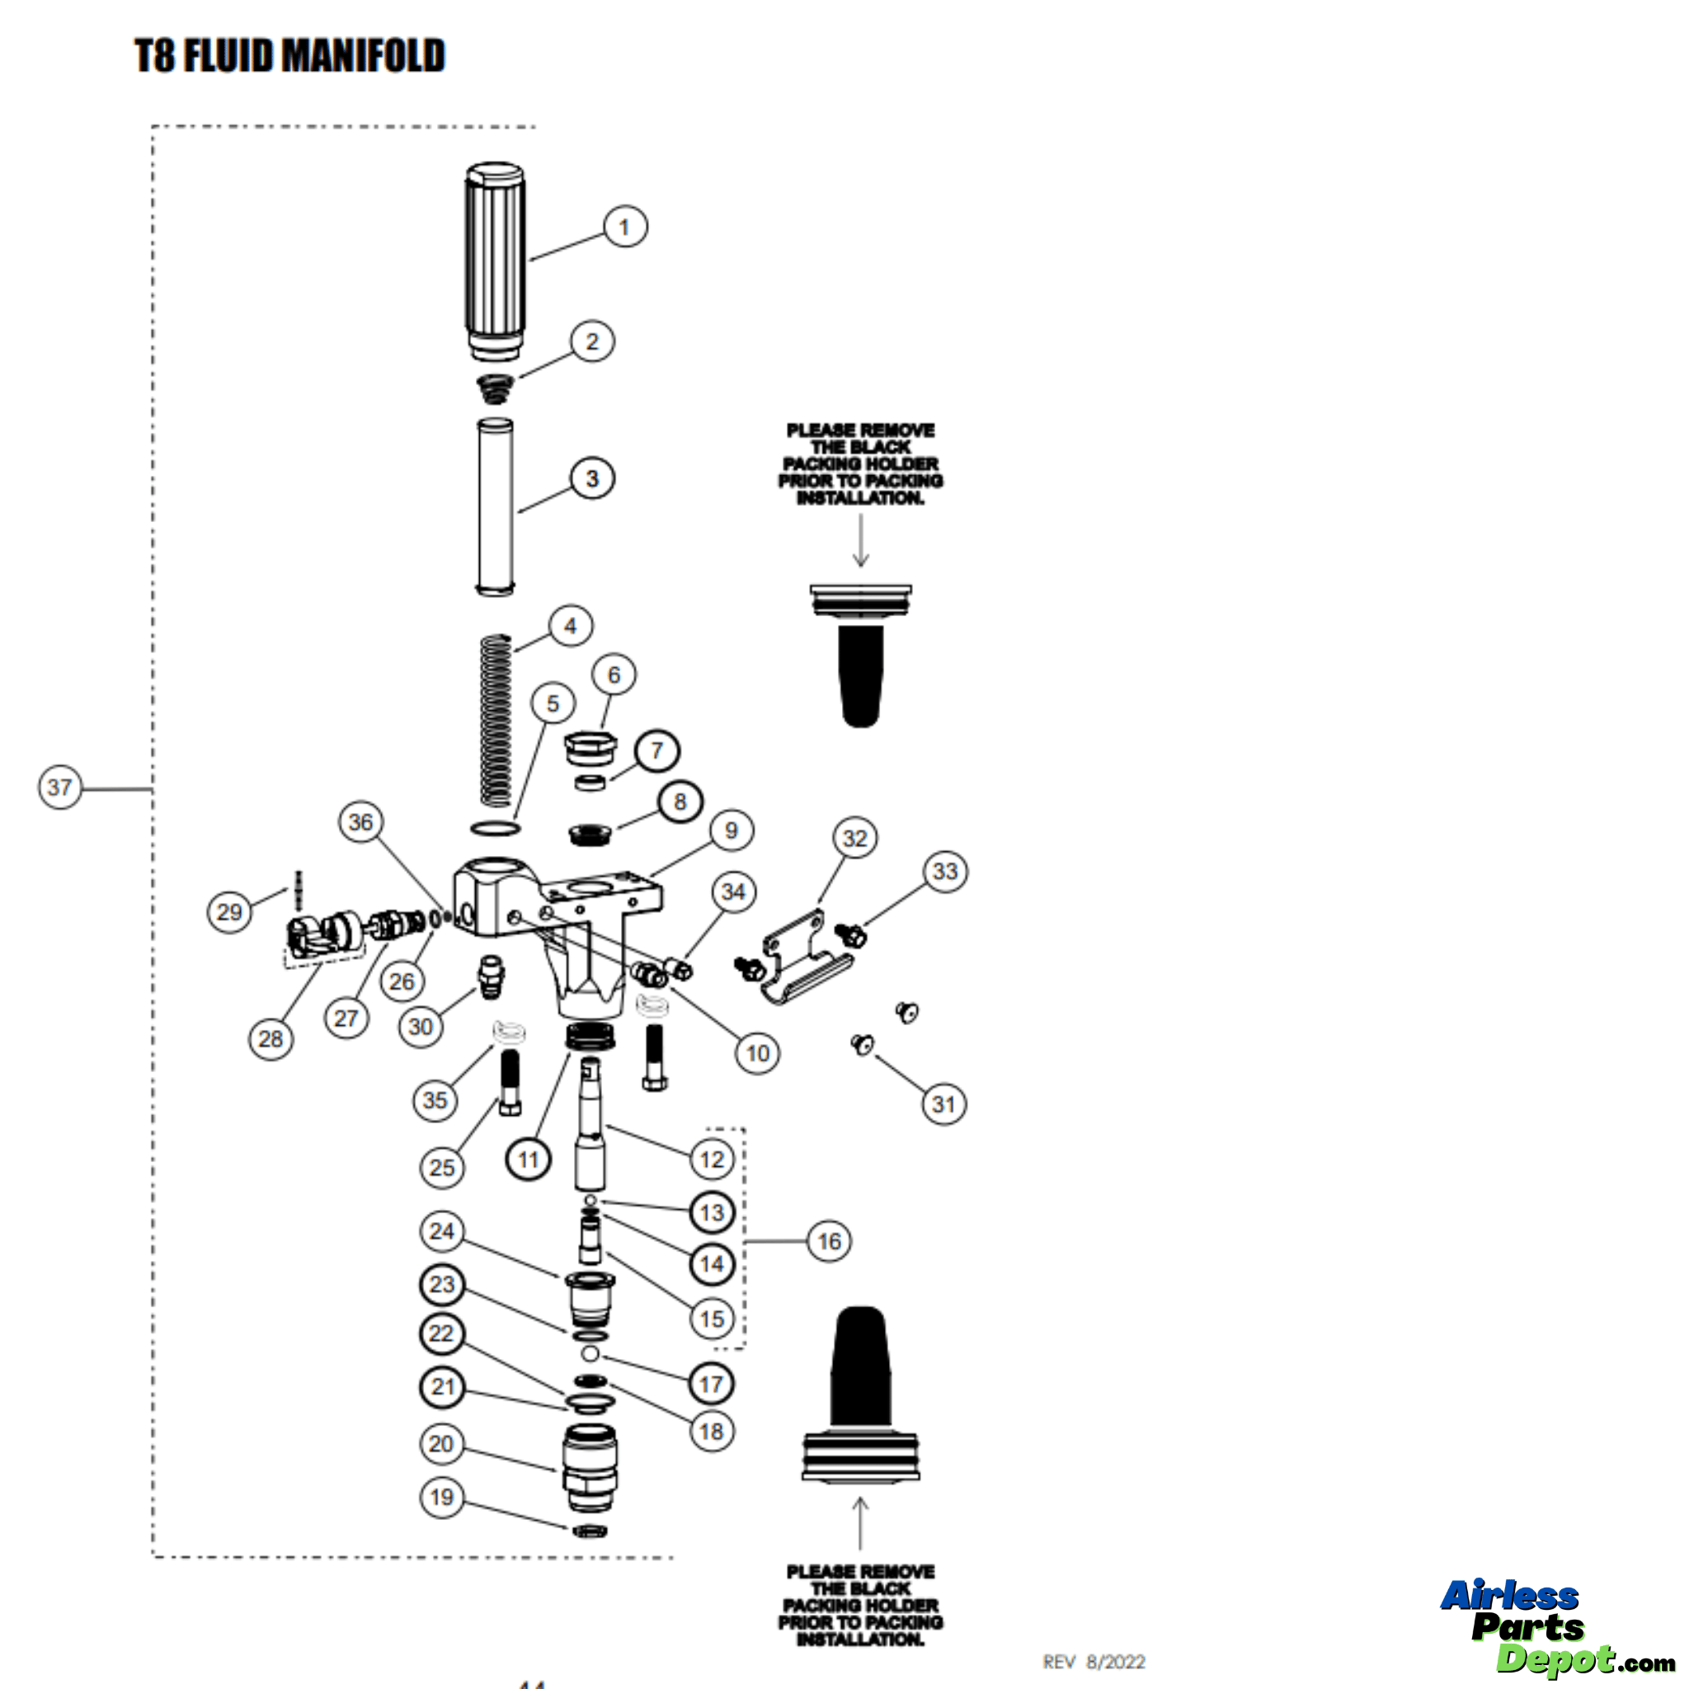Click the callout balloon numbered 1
coord(625,227)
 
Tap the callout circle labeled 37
coord(59,787)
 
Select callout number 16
coord(829,1241)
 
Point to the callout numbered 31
coord(944,1104)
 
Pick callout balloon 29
coord(229,912)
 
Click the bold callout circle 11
coord(528,1160)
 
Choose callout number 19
coord(441,1498)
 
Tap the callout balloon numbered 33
coord(945,872)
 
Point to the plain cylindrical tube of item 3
coord(495,507)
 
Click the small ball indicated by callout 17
coord(590,1354)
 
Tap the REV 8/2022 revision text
coord(1094,1661)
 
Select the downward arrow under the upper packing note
coord(861,539)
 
